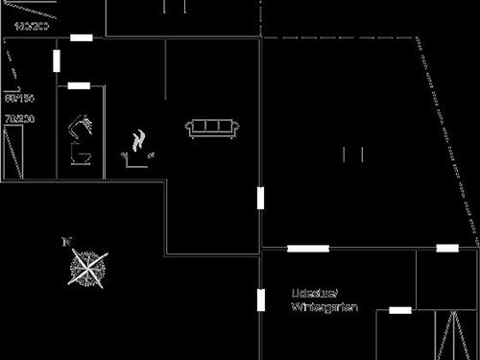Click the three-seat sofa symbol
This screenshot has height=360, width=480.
[x=211, y=128]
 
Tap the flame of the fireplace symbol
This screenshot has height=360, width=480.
[x=140, y=140]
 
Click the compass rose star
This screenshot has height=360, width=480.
[x=87, y=266]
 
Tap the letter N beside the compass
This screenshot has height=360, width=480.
[x=66, y=241]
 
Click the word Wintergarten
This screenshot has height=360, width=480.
[x=324, y=307]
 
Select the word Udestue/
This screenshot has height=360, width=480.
[x=314, y=292]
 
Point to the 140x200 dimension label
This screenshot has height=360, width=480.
[x=32, y=26]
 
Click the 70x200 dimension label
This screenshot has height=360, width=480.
[x=19, y=119]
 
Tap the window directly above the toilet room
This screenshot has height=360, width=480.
[x=79, y=86]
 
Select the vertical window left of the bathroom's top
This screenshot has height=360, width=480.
[x=58, y=60]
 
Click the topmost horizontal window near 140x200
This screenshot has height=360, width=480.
[x=82, y=37]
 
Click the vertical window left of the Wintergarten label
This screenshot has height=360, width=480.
[x=260, y=300]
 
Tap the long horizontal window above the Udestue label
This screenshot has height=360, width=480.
[x=307, y=249]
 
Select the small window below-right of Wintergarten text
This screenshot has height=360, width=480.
[x=399, y=310]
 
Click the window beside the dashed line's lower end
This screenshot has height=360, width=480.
[x=447, y=249]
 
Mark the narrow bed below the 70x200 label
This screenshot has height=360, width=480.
[x=13, y=154]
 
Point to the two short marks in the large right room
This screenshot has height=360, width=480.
[x=351, y=154]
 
